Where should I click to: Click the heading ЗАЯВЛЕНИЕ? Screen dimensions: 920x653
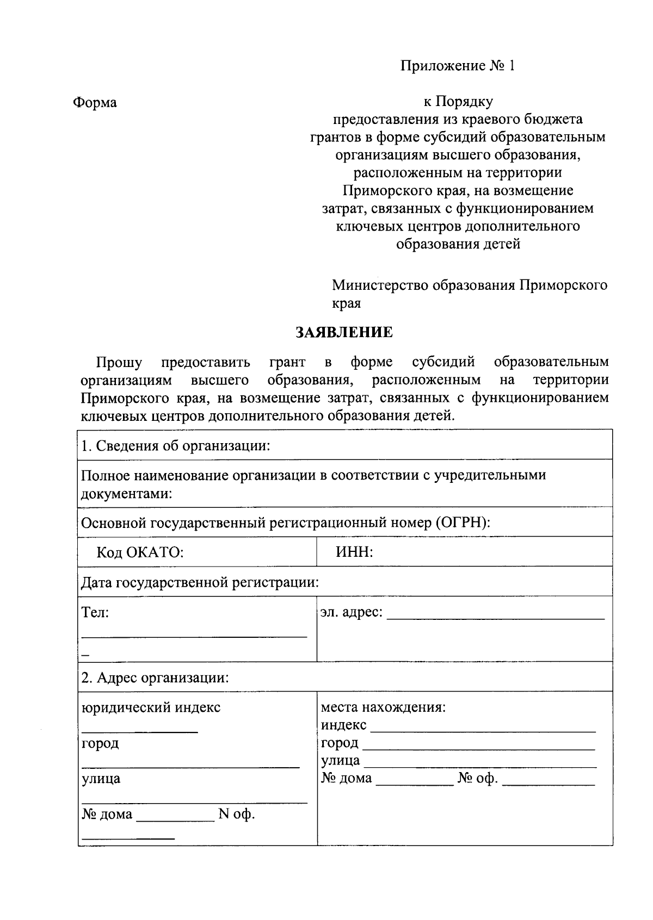(x=344, y=333)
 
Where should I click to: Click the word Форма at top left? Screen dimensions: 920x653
(x=95, y=102)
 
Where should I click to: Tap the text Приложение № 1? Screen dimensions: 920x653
(x=457, y=66)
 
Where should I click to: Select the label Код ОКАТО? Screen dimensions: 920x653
(x=140, y=552)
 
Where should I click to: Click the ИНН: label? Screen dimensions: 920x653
(x=354, y=552)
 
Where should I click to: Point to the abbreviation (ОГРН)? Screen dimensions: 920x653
(x=463, y=523)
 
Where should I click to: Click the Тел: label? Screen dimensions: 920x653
(x=95, y=613)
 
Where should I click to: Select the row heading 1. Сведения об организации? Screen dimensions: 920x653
(x=176, y=446)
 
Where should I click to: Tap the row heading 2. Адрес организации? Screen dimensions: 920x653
(x=155, y=678)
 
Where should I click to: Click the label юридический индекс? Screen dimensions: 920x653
(x=151, y=707)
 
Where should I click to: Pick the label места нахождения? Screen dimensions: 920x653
(x=383, y=707)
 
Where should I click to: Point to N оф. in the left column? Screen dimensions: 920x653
(x=236, y=815)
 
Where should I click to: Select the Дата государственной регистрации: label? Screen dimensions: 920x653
(x=200, y=583)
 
